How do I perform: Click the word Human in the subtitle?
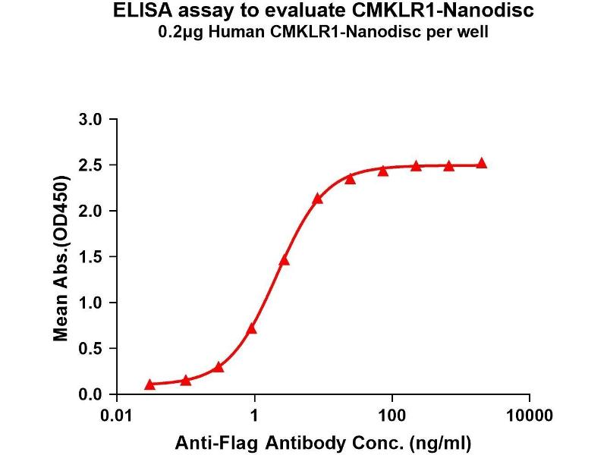click(256, 33)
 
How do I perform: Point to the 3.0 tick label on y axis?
click(90, 119)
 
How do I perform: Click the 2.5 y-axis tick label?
click(90, 165)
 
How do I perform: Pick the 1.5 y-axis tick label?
click(90, 257)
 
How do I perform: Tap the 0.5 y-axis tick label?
click(90, 349)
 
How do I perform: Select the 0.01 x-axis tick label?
click(118, 416)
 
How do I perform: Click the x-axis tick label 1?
click(255, 416)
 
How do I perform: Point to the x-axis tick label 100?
click(392, 416)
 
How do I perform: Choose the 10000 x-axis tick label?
click(529, 416)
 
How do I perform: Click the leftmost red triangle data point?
click(150, 384)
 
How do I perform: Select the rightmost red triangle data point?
click(482, 163)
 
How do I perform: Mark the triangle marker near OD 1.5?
click(285, 260)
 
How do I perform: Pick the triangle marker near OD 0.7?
click(252, 328)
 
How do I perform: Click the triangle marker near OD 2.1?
click(318, 199)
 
